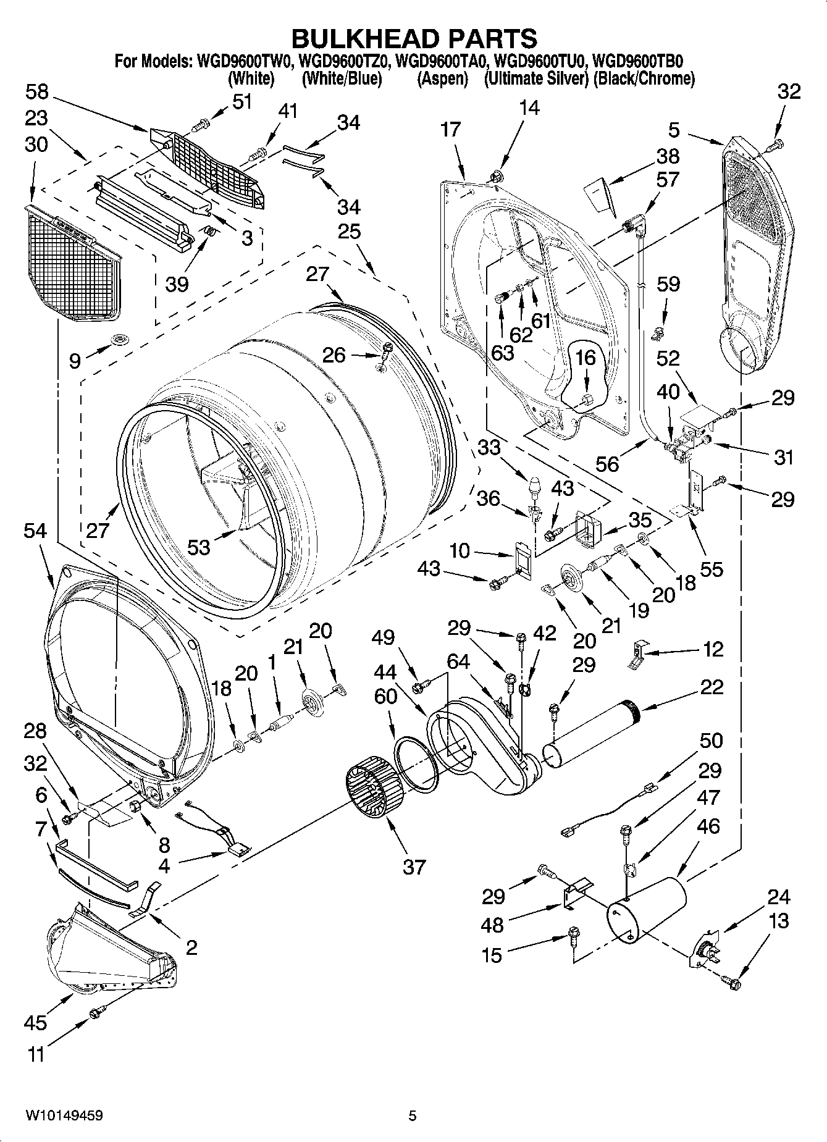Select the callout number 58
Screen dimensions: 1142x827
(x=37, y=93)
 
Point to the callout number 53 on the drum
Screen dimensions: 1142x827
(x=199, y=546)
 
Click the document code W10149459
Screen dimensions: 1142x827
(x=64, y=1115)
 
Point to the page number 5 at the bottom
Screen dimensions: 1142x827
(x=413, y=1115)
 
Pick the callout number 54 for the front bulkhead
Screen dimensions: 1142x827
(x=35, y=531)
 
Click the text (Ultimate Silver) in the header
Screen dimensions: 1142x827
(x=536, y=79)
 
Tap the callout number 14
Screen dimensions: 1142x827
(x=529, y=108)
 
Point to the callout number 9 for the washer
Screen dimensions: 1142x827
(x=75, y=360)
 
